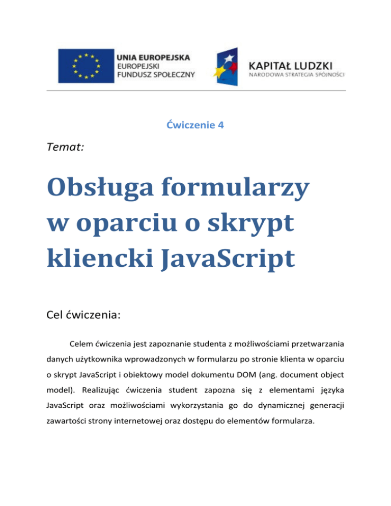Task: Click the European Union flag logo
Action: click(85, 65)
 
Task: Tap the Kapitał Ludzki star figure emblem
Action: click(230, 66)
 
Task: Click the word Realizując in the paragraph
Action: click(103, 396)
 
